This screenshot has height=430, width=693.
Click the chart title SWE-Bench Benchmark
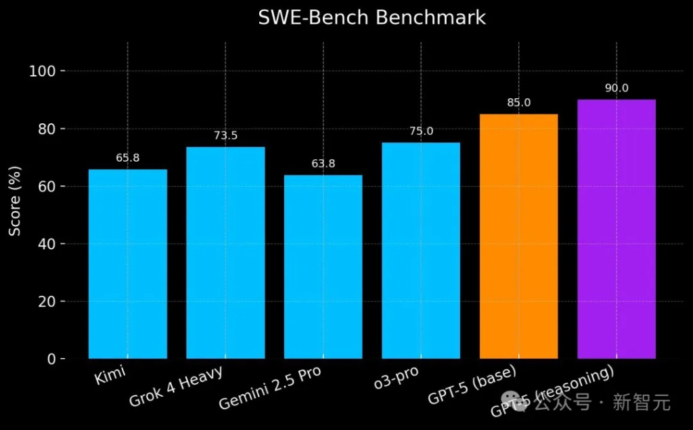(372, 18)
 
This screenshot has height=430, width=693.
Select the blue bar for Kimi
(128, 264)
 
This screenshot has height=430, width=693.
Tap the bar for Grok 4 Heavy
(225, 253)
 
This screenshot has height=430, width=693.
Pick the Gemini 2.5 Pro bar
(323, 267)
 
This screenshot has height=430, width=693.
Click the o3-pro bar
(421, 251)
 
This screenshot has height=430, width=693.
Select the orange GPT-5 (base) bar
(518, 236)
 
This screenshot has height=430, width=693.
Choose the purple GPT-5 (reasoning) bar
(616, 229)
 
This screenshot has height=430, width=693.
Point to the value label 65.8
(128, 158)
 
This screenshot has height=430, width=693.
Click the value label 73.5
(225, 136)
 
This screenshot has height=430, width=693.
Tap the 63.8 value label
(323, 164)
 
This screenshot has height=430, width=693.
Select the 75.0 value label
(421, 131)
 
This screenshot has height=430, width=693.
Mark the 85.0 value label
(518, 103)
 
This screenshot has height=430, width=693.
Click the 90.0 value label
(617, 89)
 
